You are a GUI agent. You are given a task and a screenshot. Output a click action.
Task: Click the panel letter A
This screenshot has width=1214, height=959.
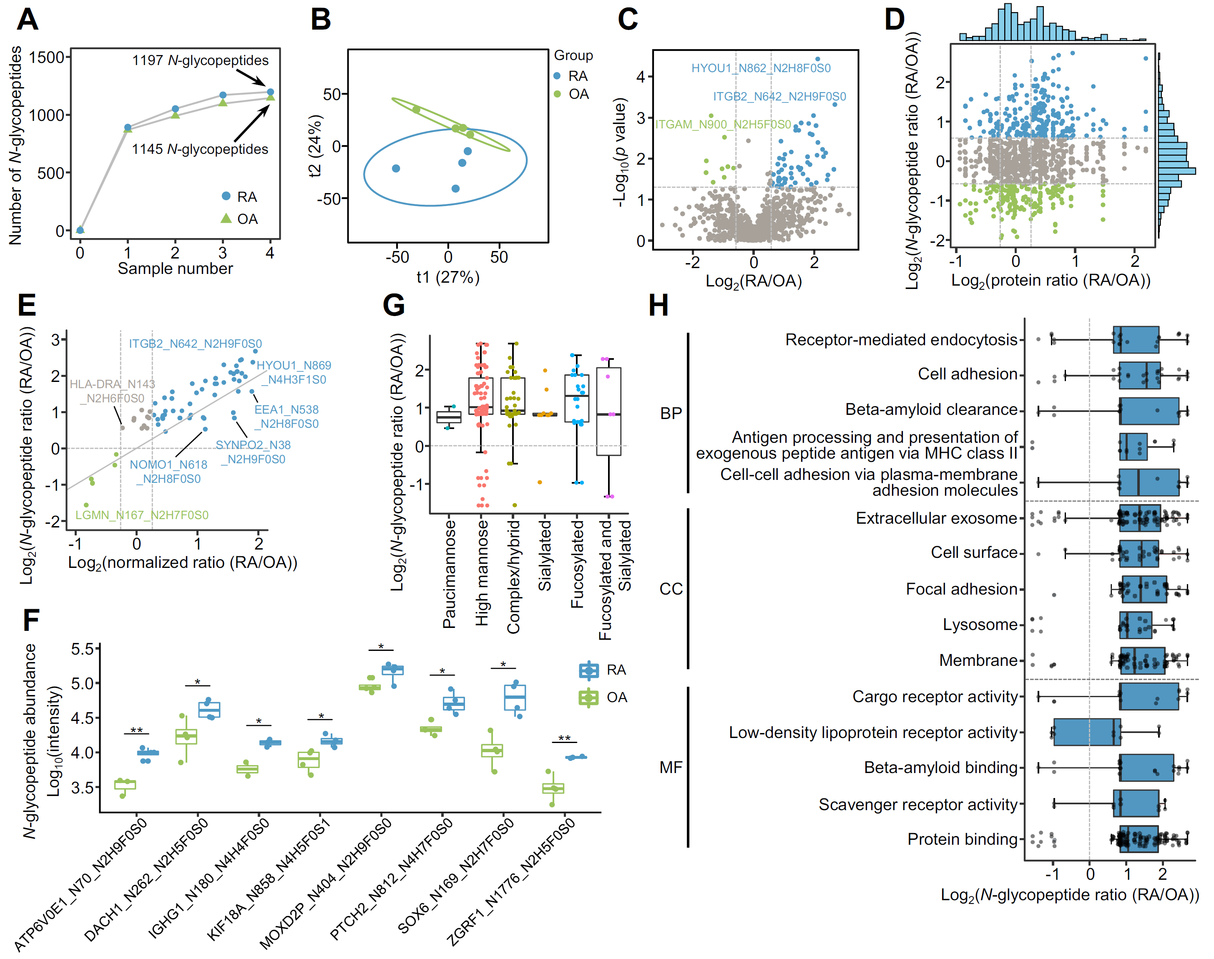click(x=28, y=20)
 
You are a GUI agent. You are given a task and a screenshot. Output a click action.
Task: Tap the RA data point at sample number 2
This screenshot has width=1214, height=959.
click(x=175, y=109)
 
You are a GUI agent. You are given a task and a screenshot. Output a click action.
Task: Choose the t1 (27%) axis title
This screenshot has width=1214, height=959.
click(x=447, y=277)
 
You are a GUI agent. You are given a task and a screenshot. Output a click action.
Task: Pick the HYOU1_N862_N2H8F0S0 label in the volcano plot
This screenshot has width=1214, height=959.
click(x=760, y=68)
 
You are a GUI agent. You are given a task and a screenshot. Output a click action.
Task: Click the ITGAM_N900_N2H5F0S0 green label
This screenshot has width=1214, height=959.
click(x=723, y=124)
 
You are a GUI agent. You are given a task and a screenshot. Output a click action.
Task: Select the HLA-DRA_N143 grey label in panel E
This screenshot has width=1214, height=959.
click(x=112, y=391)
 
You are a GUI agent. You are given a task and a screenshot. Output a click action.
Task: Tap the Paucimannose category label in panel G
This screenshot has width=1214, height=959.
click(x=449, y=574)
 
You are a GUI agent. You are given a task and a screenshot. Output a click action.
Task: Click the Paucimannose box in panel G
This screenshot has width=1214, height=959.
click(x=449, y=417)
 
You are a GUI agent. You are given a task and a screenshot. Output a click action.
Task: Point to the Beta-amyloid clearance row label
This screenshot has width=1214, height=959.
click(x=931, y=409)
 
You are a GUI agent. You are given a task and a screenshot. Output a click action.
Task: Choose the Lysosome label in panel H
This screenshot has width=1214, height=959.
click(x=980, y=624)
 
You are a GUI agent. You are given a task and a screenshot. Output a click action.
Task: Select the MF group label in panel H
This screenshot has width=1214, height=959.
click(x=671, y=767)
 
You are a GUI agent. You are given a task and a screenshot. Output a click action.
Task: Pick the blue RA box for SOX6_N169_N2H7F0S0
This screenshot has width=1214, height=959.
click(x=515, y=697)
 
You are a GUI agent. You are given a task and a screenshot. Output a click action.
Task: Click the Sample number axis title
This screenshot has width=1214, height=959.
click(x=175, y=269)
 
